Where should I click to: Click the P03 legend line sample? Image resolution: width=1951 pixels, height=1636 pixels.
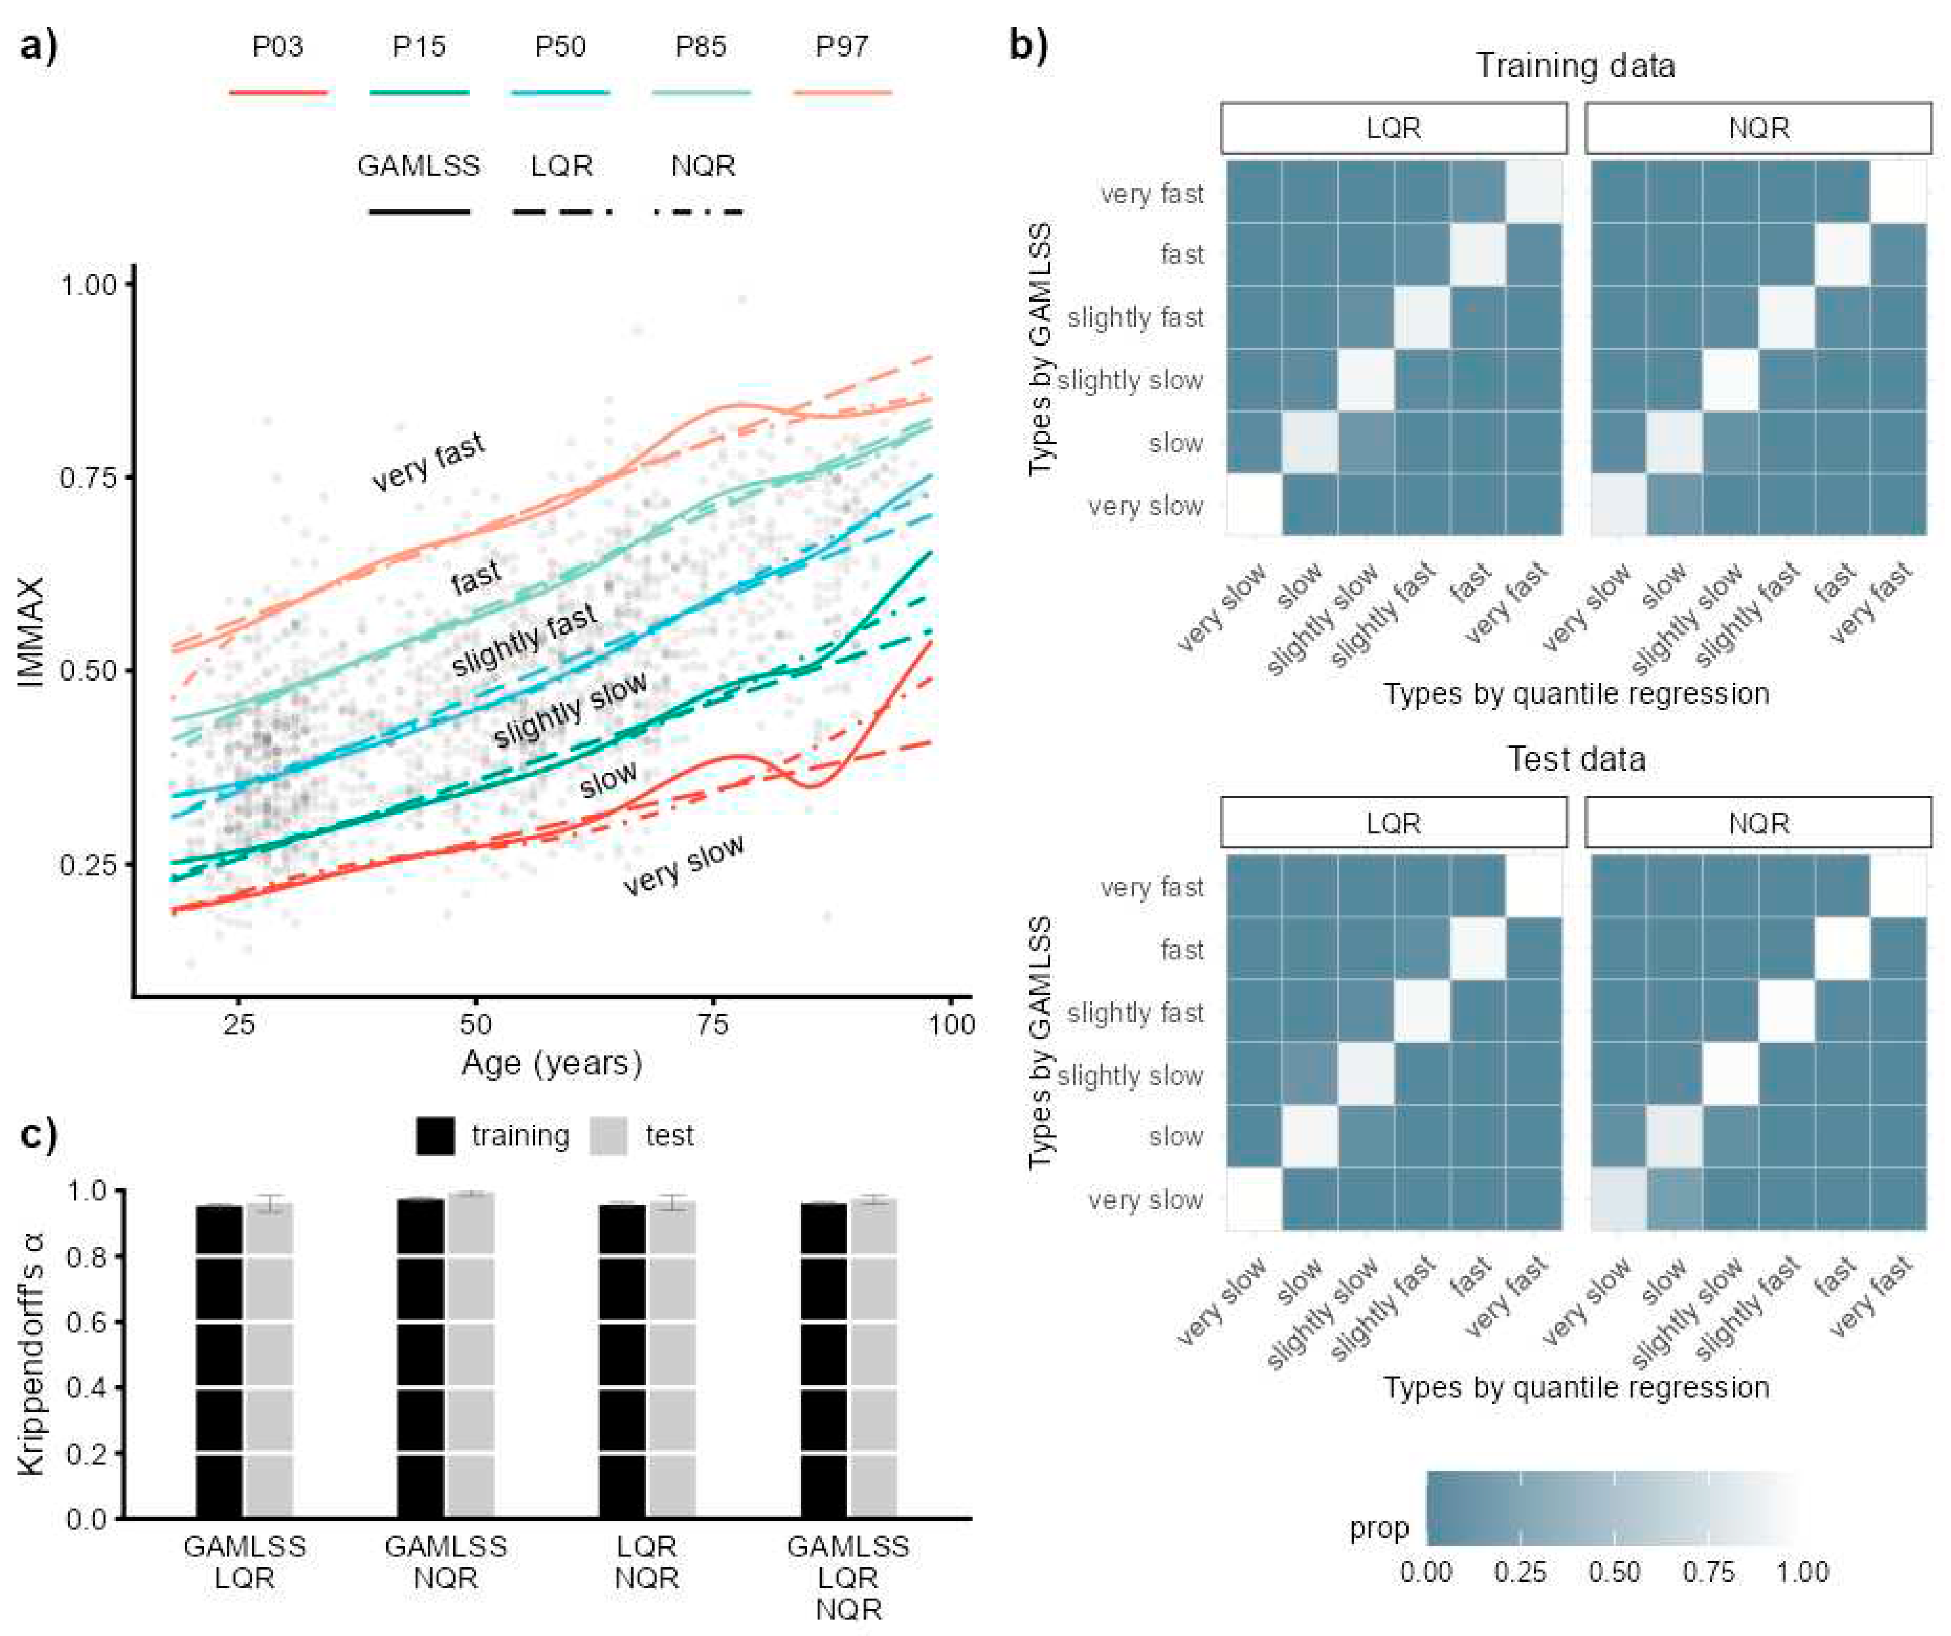point(278,93)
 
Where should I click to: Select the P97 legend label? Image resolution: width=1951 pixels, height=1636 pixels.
point(842,47)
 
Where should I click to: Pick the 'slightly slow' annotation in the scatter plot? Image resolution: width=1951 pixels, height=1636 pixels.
point(570,710)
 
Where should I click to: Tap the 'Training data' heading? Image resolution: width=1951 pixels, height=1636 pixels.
point(1576,66)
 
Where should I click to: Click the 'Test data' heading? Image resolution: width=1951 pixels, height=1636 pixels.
point(1576,759)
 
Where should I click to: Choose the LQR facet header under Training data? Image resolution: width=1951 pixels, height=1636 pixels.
point(1393,128)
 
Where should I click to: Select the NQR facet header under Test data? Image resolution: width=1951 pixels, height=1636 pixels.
point(1758,823)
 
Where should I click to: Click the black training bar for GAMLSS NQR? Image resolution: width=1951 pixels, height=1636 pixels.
point(421,1357)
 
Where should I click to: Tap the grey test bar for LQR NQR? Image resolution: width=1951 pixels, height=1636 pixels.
point(672,1359)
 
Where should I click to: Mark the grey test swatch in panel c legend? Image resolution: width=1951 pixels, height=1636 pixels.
point(608,1136)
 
